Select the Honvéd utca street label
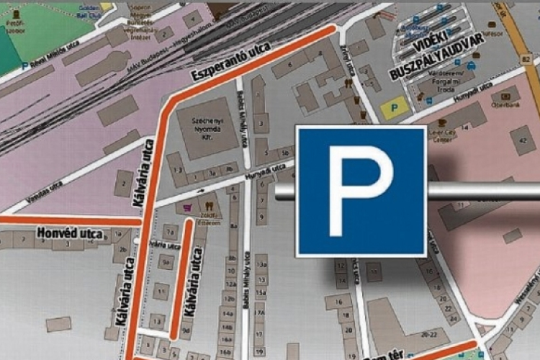click(x=72, y=234)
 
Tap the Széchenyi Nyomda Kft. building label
click(x=208, y=128)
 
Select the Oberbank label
click(x=509, y=104)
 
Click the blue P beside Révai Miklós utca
click(x=26, y=66)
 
